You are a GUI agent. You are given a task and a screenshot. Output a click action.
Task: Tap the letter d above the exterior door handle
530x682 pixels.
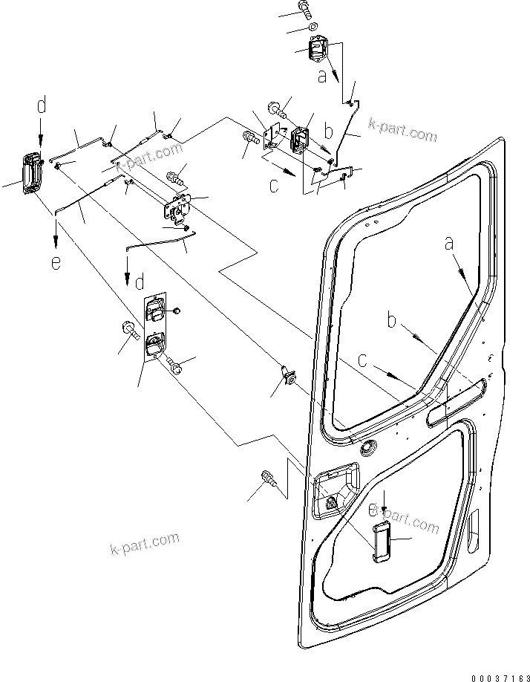click(x=42, y=105)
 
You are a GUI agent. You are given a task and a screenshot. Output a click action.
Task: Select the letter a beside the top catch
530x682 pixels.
click(x=321, y=75)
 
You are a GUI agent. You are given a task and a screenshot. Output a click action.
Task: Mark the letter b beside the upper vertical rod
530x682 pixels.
click(x=330, y=132)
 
